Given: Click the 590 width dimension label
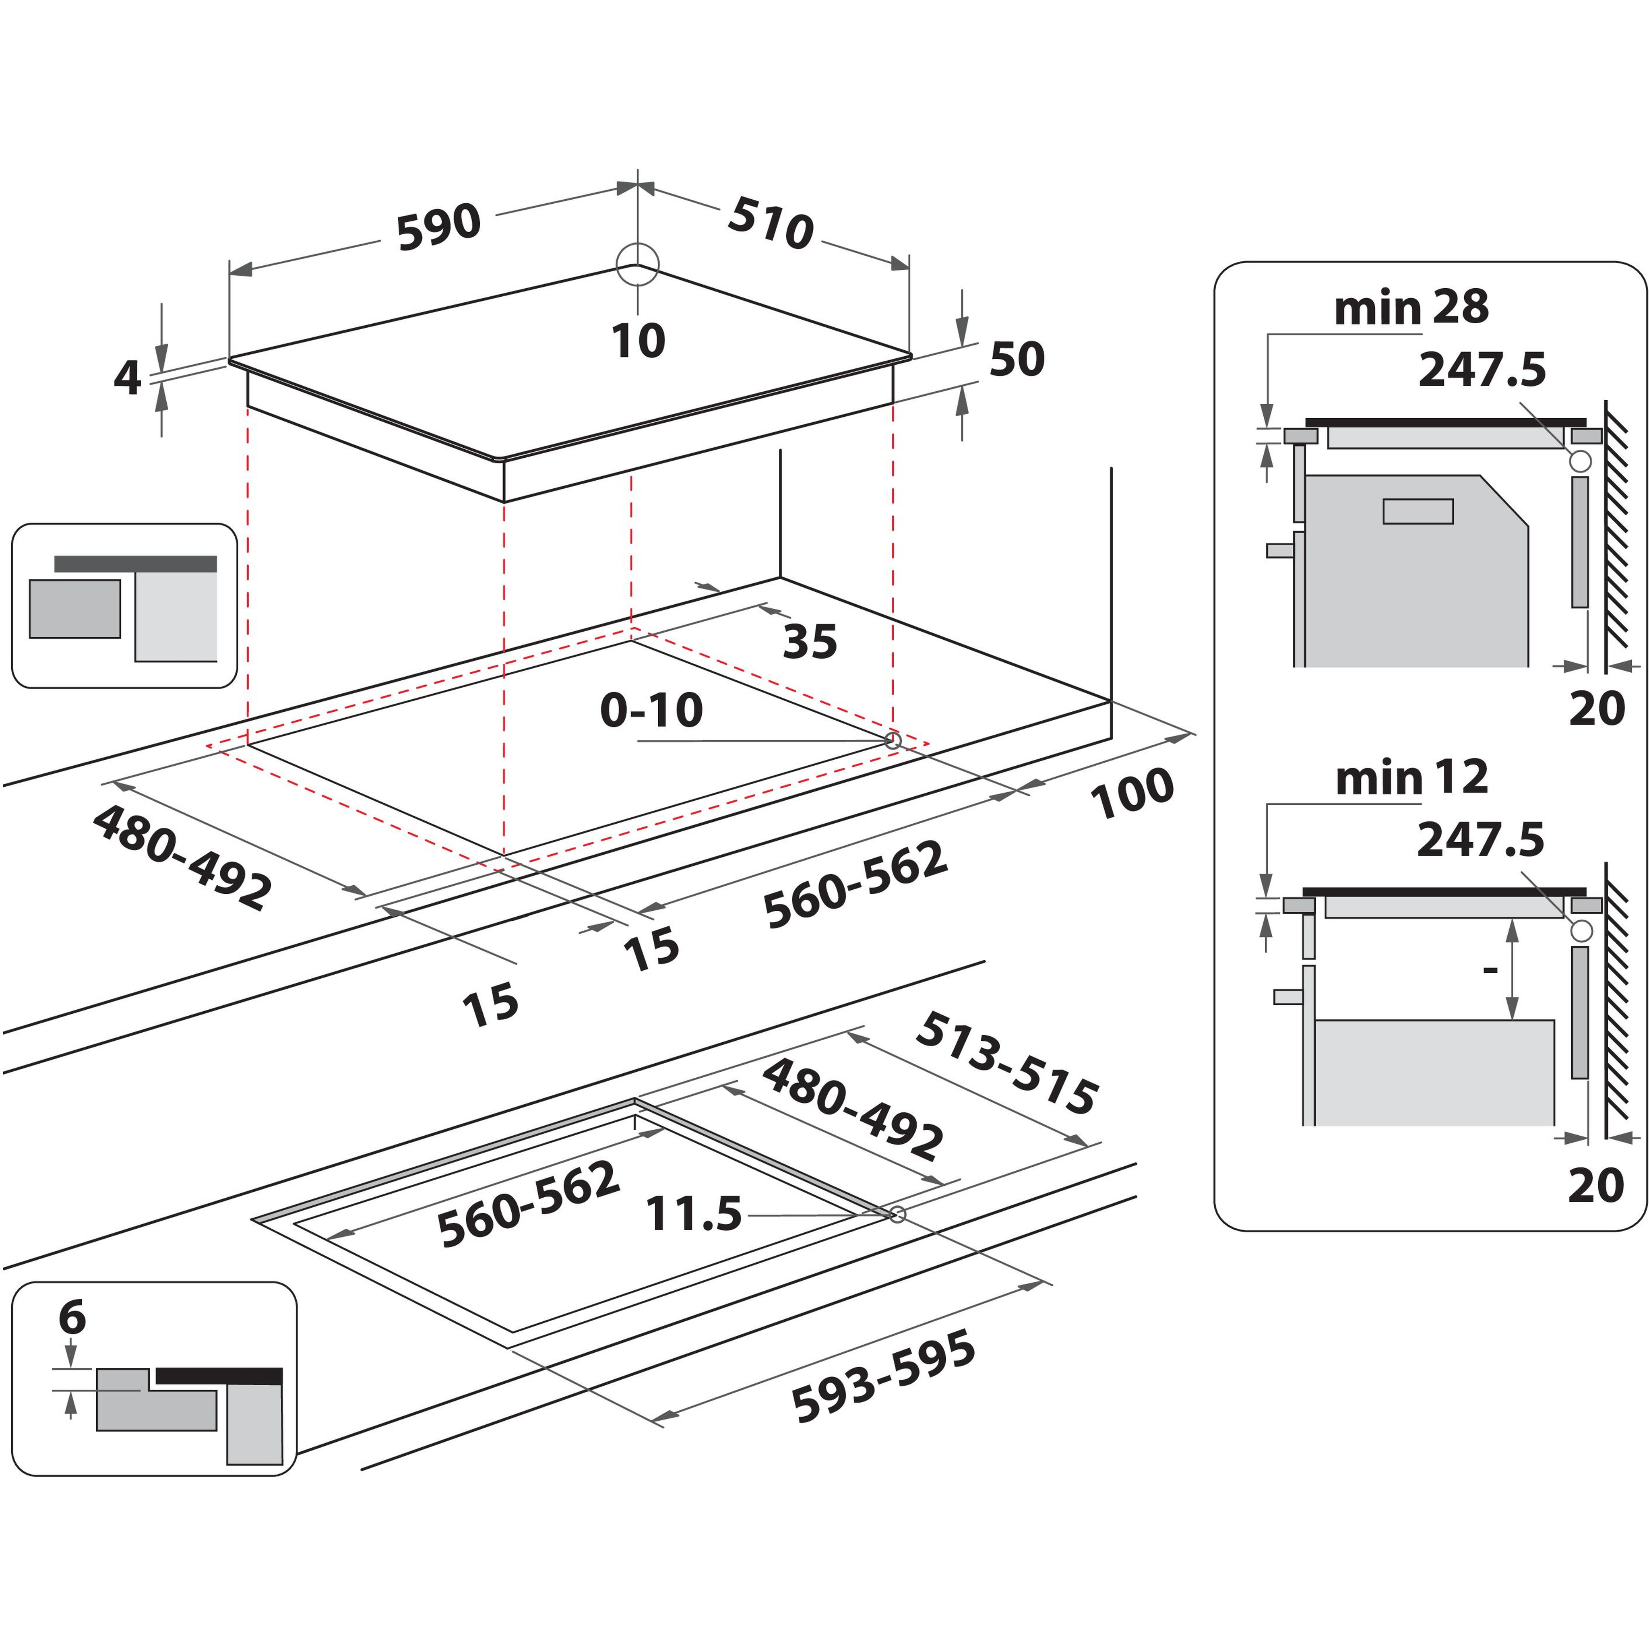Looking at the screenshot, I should click(439, 227).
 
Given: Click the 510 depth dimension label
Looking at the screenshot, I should click(770, 223).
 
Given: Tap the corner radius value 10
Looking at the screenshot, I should click(638, 341).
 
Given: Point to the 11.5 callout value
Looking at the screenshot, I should click(693, 1215).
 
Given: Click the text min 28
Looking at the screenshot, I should click(1411, 307).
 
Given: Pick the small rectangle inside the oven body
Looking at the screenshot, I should click(1418, 511).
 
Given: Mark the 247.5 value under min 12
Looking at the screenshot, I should click(1480, 840).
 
